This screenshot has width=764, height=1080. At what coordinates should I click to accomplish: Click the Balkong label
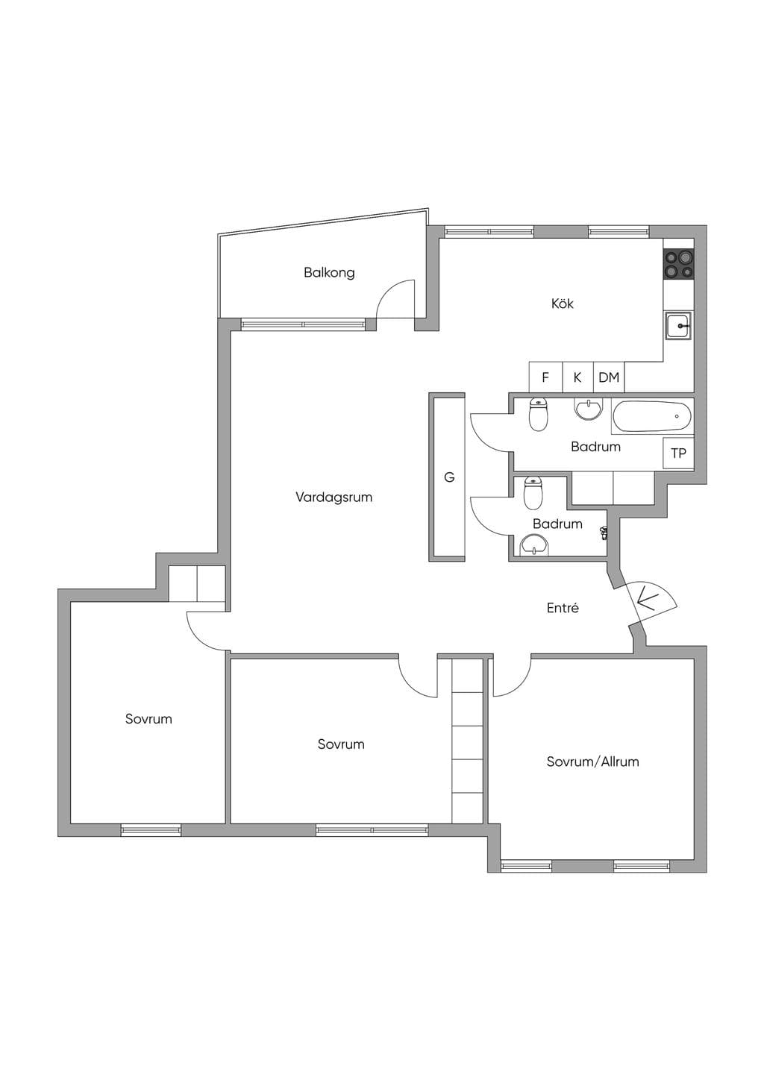click(x=329, y=273)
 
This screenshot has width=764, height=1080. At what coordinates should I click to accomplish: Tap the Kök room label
click(x=563, y=304)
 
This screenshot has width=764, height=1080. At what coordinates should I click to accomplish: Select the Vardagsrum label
click(x=334, y=497)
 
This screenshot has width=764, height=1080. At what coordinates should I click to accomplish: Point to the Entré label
click(x=563, y=608)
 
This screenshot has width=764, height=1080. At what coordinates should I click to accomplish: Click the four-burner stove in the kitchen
click(x=679, y=266)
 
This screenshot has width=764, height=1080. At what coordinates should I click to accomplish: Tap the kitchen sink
click(x=679, y=326)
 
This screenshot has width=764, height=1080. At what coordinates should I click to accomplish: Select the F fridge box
click(x=545, y=377)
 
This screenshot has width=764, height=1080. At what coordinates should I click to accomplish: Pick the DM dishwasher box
click(x=609, y=377)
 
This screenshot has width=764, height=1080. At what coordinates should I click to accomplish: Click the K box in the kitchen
click(x=577, y=377)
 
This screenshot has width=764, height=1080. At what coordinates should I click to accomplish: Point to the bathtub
click(x=652, y=417)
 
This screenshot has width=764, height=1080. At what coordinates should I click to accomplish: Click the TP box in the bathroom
click(x=678, y=453)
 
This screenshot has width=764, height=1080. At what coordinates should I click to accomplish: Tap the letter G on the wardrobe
click(x=449, y=477)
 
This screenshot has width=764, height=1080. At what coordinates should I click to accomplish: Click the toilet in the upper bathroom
click(x=538, y=415)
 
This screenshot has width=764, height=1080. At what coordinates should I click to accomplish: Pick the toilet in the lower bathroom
click(x=533, y=494)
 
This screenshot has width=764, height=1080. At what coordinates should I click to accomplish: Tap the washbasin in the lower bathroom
click(x=533, y=545)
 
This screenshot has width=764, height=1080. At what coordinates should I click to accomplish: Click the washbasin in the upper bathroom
click(x=588, y=409)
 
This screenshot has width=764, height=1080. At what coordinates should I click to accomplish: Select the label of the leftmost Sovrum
click(x=148, y=719)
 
